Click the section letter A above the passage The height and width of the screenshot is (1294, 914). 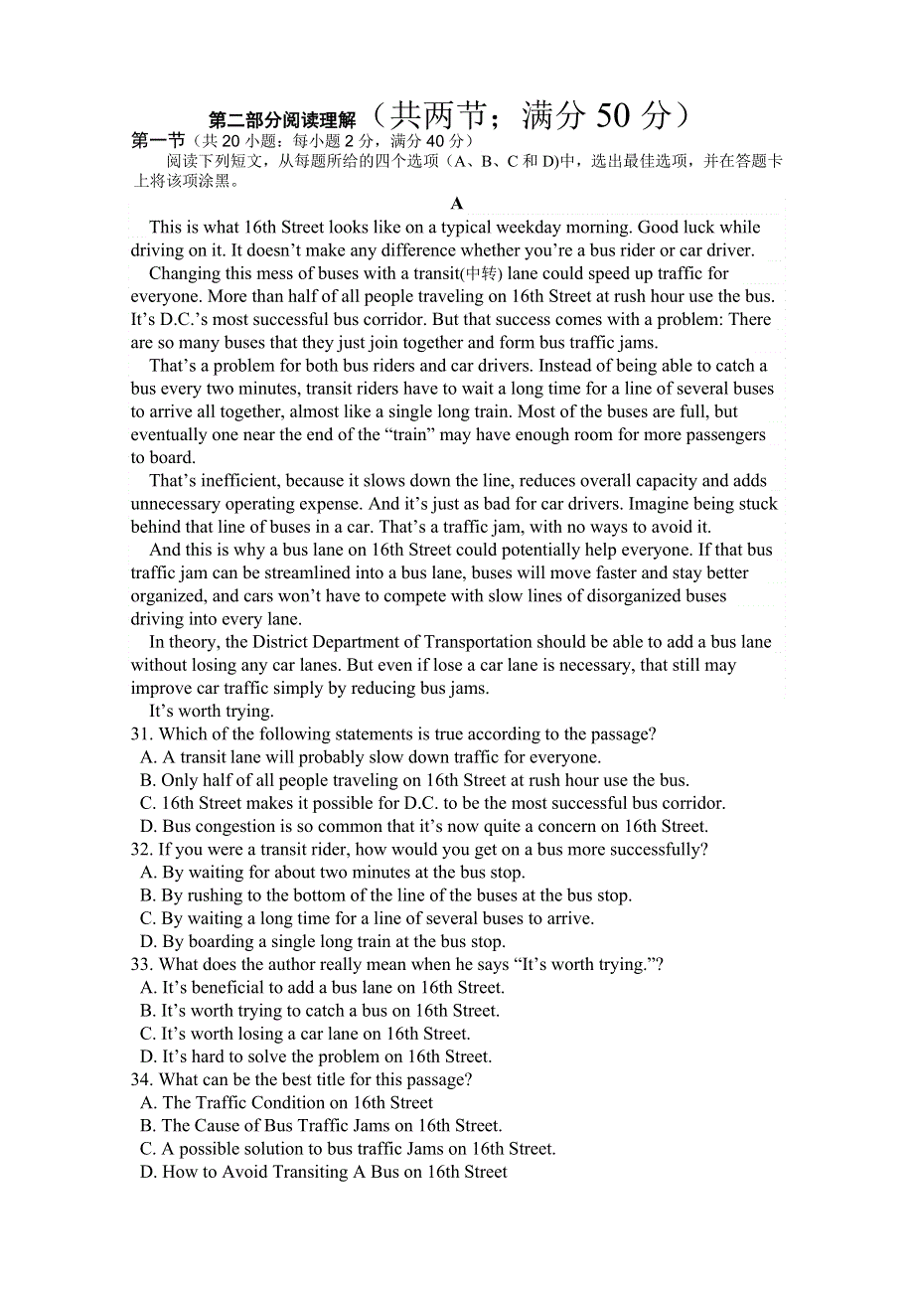[x=457, y=204]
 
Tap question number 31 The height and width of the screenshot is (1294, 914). [x=141, y=734]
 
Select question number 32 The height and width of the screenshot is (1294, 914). [x=141, y=850]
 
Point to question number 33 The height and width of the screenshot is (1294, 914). [x=141, y=965]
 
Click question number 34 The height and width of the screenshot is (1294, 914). [x=141, y=1080]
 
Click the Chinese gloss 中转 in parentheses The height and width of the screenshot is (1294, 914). [x=485, y=274]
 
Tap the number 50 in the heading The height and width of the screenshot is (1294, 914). [x=613, y=116]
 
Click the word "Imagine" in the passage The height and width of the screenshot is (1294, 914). [x=658, y=505]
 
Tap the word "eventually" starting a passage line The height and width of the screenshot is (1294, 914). [x=170, y=435]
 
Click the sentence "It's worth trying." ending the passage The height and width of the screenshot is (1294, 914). [x=211, y=712]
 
